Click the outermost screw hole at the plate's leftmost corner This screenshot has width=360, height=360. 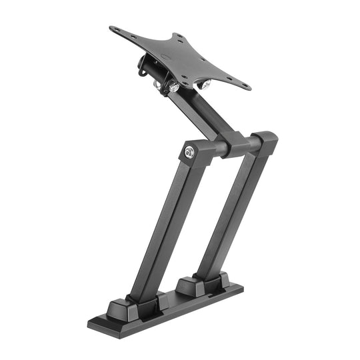(x=115, y=30)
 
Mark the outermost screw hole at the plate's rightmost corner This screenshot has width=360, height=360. (x=245, y=86)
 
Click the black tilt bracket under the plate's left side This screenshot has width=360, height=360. (x=147, y=66)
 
